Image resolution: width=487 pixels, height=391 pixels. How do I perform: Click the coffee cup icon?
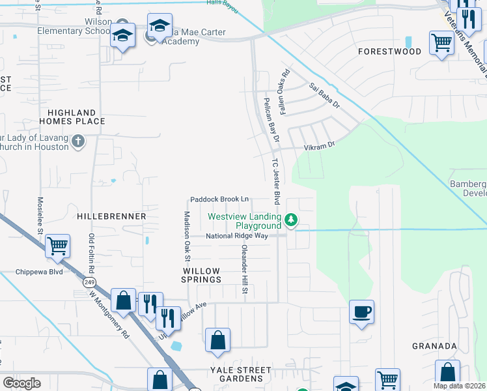tap(361, 311)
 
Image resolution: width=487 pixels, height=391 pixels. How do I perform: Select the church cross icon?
tap(77, 141)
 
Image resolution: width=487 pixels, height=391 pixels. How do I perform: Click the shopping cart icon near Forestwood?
tap(441, 44)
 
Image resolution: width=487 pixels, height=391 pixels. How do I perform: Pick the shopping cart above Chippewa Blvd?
tap(58, 246)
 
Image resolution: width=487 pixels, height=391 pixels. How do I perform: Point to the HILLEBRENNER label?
tap(111, 215)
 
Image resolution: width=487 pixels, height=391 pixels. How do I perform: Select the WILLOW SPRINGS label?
tap(202, 274)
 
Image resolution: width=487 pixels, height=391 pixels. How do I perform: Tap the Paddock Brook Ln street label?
tap(219, 199)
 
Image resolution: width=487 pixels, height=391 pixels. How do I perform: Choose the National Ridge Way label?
tap(238, 236)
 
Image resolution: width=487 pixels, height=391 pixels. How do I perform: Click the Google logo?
tap(21, 383)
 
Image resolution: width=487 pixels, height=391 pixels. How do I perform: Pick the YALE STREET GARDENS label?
tap(231, 374)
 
